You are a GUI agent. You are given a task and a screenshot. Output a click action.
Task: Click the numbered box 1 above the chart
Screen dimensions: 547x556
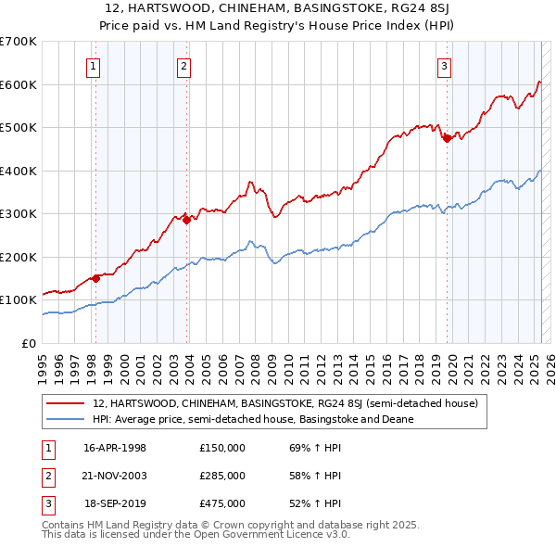[95, 66]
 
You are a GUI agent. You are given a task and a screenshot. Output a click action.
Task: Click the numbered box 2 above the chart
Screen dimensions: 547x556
[184, 66]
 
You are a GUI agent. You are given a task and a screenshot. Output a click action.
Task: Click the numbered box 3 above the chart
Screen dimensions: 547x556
[445, 66]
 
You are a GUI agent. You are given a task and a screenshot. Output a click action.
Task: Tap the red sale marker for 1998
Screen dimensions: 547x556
[95, 278]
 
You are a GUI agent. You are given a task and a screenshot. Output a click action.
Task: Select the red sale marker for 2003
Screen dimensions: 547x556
[186, 220]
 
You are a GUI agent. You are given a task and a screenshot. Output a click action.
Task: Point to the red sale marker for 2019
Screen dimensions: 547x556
[447, 138]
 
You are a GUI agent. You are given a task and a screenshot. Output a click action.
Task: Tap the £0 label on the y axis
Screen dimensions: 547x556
[29, 343]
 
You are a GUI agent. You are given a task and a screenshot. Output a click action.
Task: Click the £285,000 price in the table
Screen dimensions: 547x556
[222, 476]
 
